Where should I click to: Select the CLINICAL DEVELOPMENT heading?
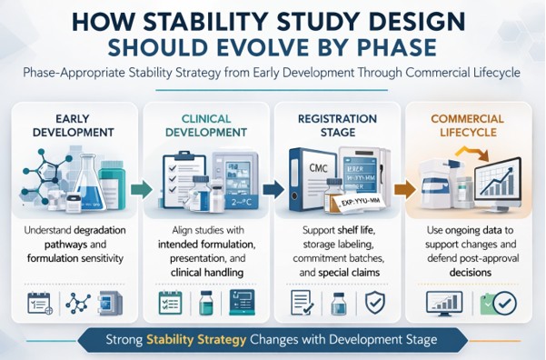(207, 125)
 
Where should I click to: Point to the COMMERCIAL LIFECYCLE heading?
(468, 125)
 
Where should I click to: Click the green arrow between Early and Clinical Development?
(139, 189)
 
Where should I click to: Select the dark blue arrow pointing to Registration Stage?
(271, 189)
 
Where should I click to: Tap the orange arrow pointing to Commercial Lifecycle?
(402, 189)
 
